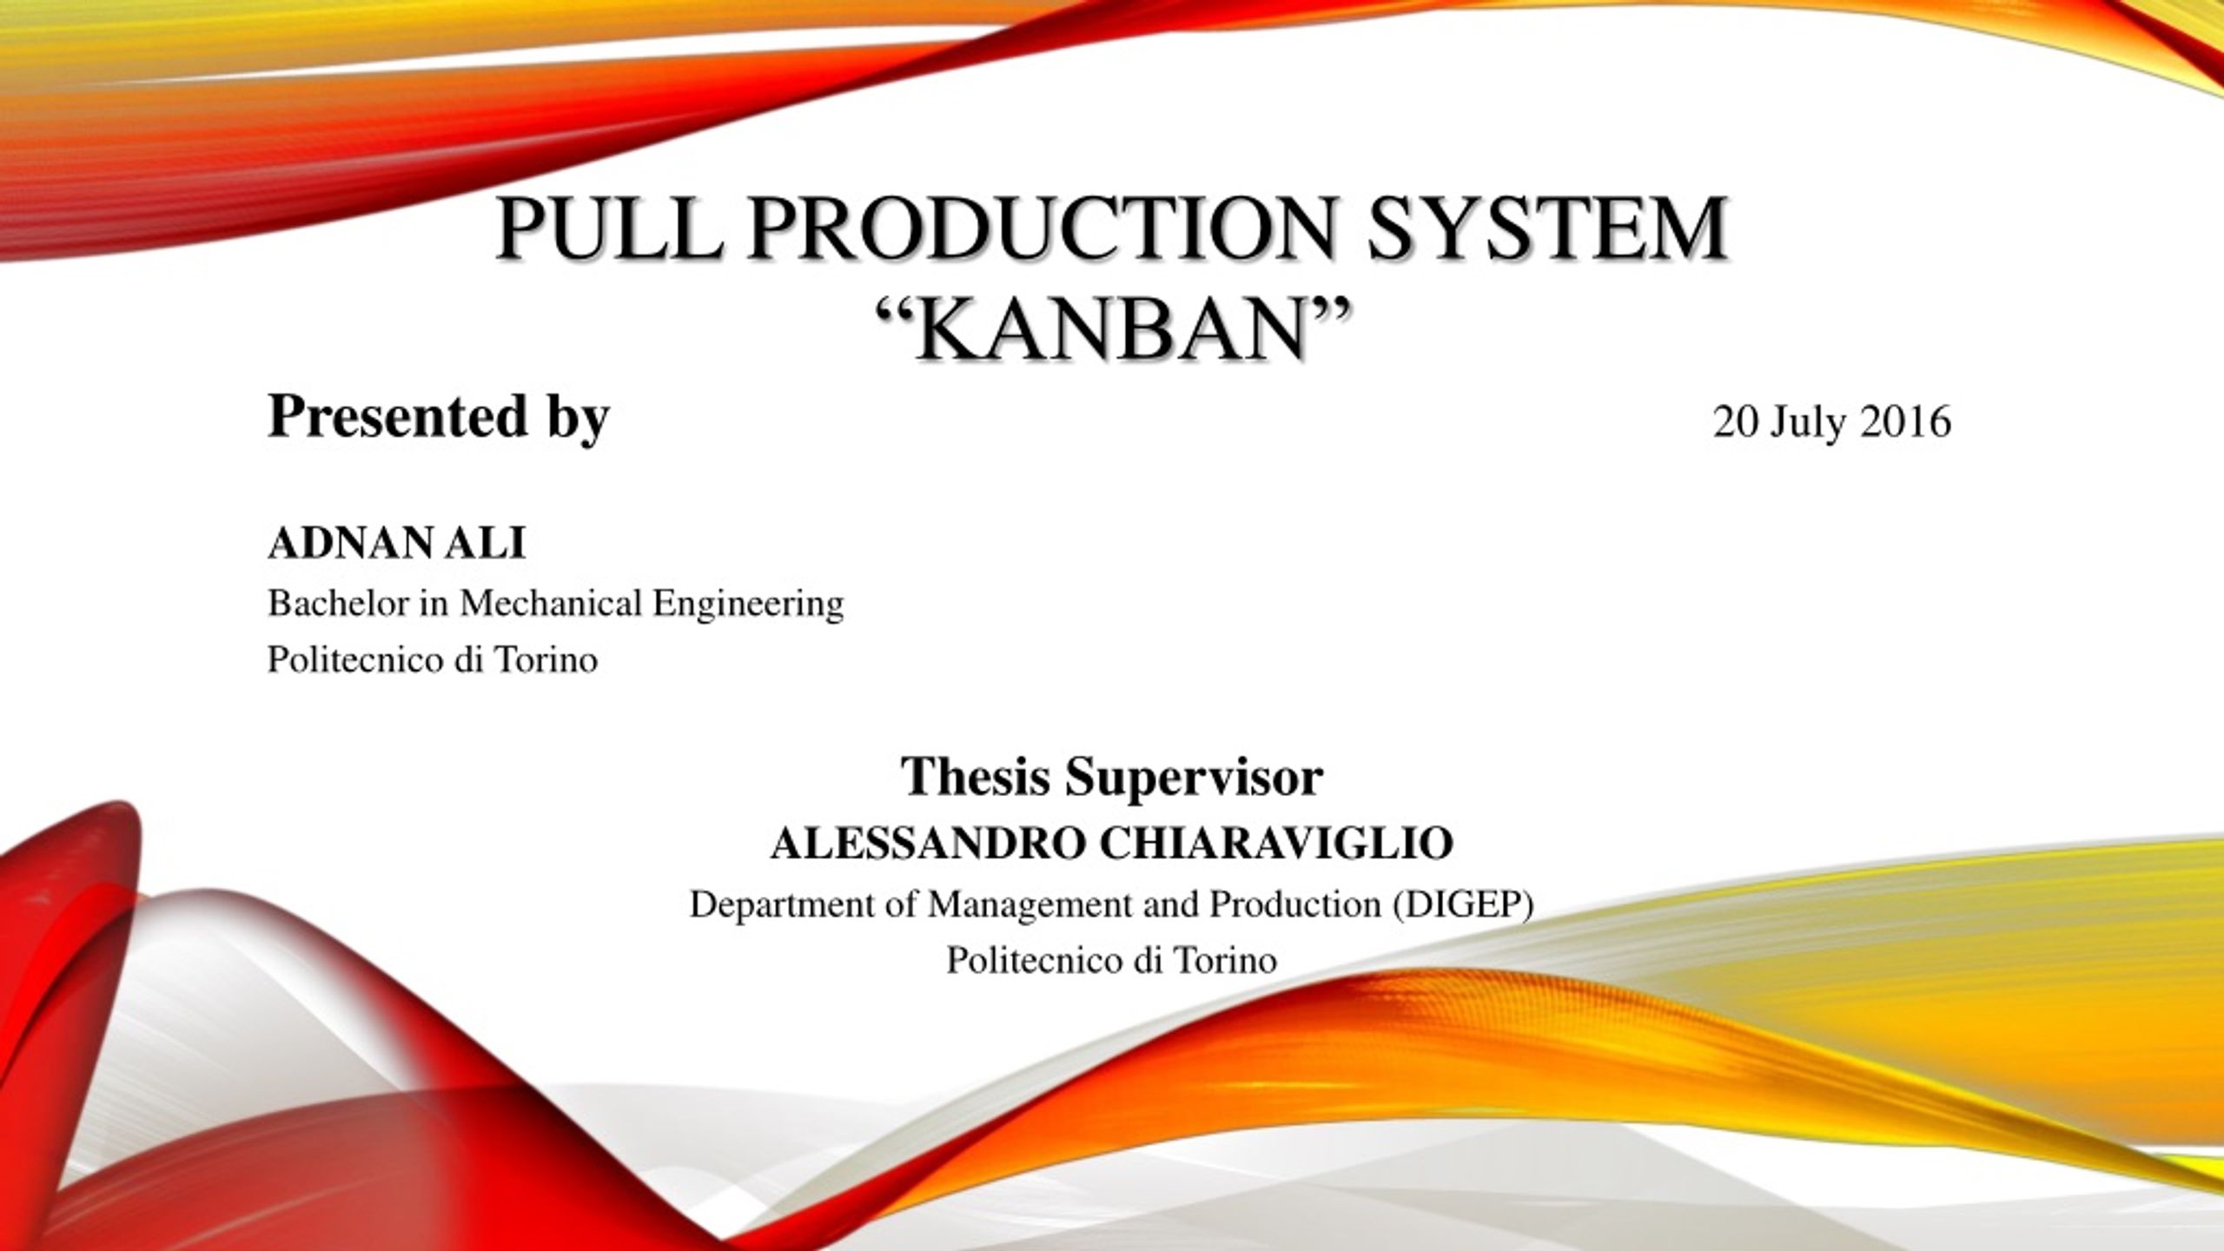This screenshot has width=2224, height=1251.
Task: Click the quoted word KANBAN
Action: click(x=1112, y=328)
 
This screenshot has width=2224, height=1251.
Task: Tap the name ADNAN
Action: click(x=354, y=545)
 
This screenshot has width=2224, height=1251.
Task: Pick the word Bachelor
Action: click(x=339, y=603)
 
